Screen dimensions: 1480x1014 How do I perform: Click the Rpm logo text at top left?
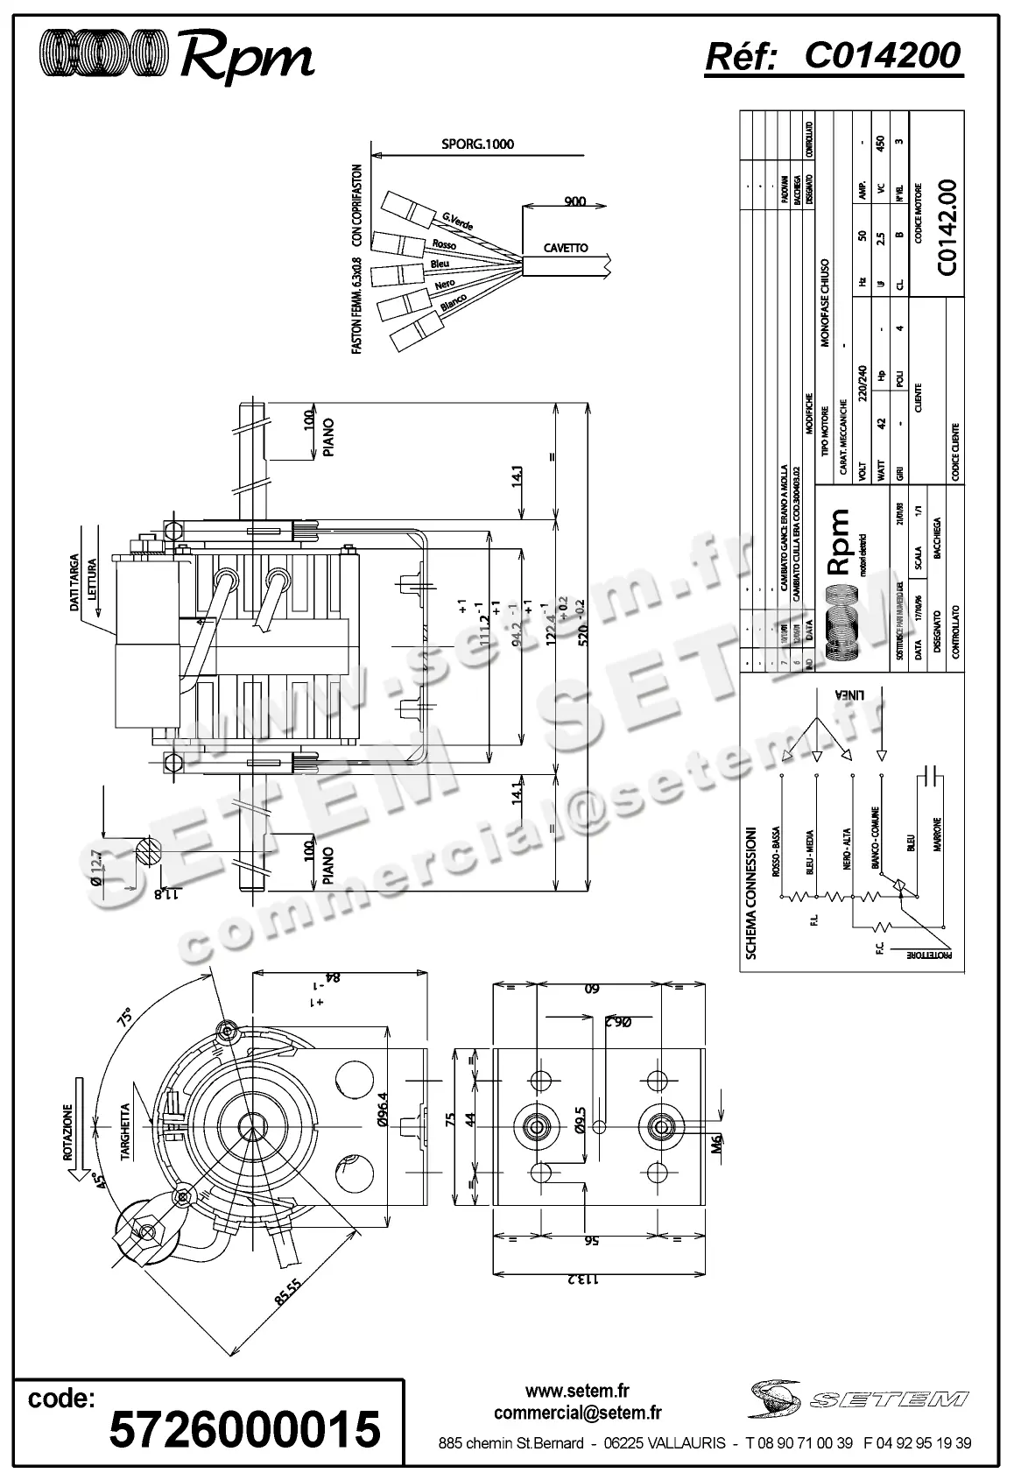(246, 59)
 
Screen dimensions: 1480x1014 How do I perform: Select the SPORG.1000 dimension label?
(477, 144)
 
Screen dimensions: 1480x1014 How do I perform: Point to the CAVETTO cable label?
(566, 248)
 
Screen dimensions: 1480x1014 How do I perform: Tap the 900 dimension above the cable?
(574, 201)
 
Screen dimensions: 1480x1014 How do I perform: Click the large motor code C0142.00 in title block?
(947, 229)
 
